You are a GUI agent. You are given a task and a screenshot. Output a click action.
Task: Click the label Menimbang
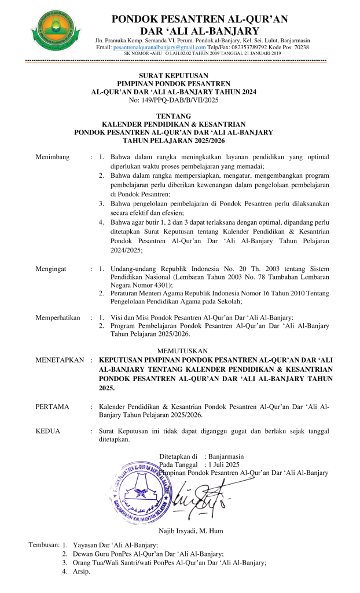click(53, 156)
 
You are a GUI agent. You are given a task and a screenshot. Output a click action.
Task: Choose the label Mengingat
click(52, 269)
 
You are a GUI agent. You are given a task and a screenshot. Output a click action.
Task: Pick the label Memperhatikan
click(58, 317)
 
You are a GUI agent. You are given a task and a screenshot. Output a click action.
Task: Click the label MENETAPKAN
click(60, 360)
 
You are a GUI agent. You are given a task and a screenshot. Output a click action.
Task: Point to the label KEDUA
click(48, 431)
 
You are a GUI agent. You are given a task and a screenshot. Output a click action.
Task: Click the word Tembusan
click(44, 545)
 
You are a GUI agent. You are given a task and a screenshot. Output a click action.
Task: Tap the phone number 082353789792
click(267, 47)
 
